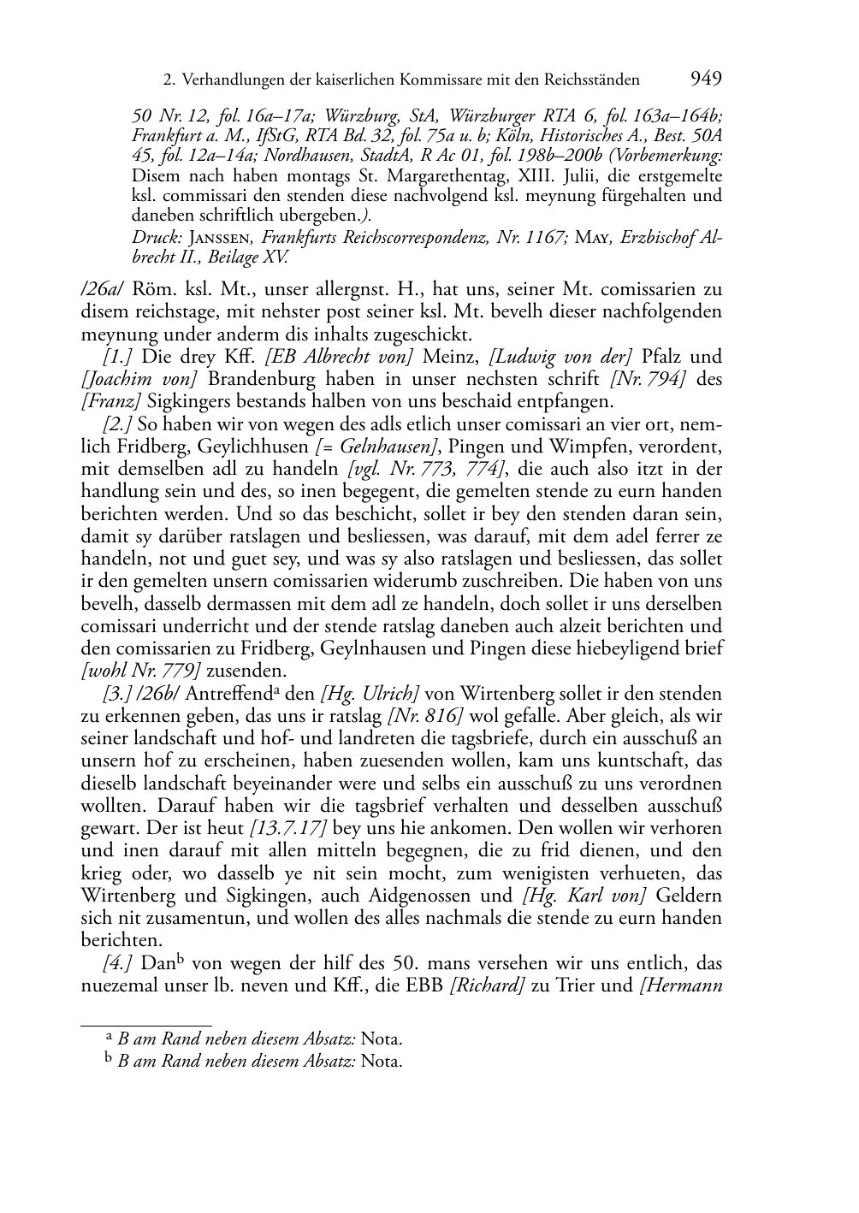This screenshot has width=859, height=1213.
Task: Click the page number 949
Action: pyautogui.click(x=705, y=80)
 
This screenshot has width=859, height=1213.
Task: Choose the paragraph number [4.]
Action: pyautogui.click(x=117, y=962)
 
